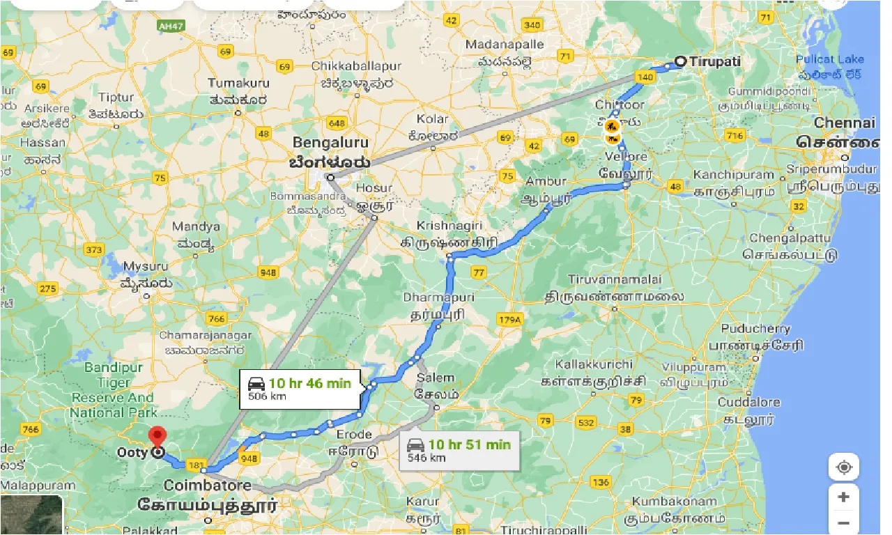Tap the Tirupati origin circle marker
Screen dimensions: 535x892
point(680,61)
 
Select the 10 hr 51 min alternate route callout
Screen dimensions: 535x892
point(460,451)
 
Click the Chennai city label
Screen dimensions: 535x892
point(845,123)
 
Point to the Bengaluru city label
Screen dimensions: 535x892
point(330,143)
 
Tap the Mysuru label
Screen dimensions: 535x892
point(146,267)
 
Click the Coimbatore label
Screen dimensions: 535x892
point(207,484)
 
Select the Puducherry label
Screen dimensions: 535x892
point(755,329)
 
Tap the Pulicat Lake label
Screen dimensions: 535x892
point(830,59)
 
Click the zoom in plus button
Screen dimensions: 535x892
point(843,497)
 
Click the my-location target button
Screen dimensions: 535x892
point(843,467)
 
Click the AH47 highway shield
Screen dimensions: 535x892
point(170,26)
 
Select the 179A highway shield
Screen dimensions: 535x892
point(509,320)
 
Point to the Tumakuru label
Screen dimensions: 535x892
point(238,84)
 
